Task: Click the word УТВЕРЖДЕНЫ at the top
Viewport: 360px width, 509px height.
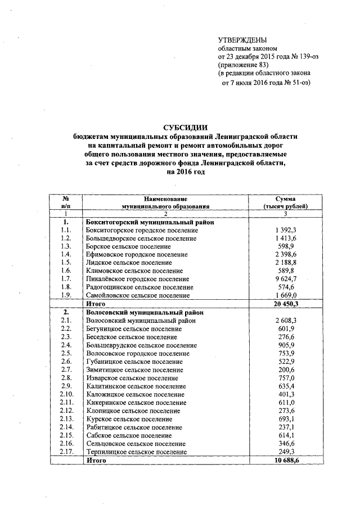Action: [242, 39]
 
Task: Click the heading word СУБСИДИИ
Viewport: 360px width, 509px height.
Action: [179, 127]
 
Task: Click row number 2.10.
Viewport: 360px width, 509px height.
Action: [66, 394]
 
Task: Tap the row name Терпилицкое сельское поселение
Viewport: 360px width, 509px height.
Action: [136, 452]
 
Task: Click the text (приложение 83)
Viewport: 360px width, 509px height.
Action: [244, 65]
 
